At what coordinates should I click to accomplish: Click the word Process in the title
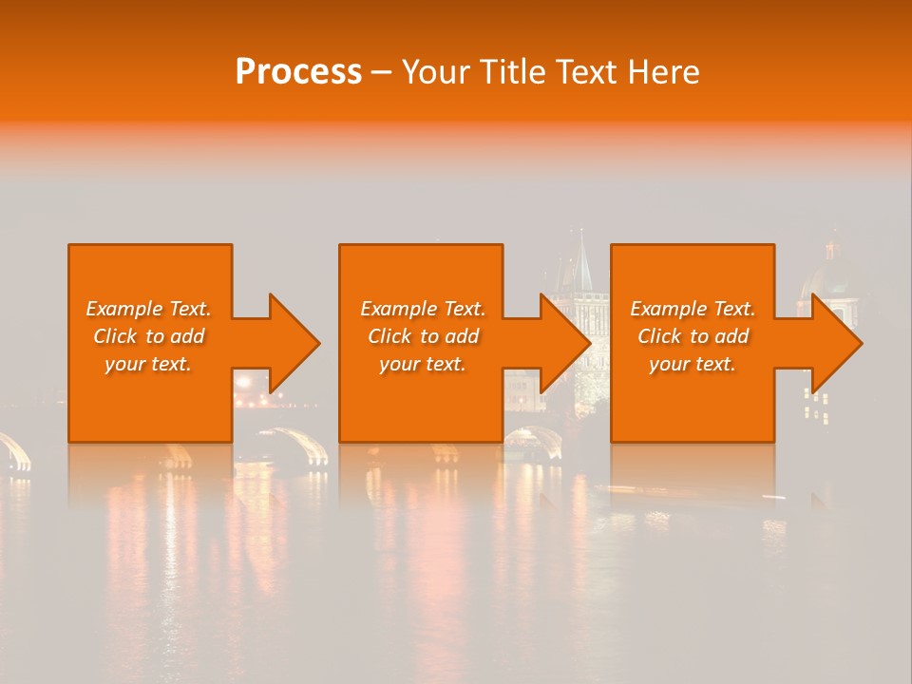298,72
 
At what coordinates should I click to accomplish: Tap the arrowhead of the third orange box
836,343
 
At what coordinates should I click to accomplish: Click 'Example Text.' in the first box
148,309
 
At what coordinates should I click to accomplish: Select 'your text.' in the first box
148,364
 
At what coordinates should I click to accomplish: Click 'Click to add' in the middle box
423,336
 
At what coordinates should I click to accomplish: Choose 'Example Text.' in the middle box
423,309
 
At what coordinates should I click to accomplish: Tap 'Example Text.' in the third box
693,309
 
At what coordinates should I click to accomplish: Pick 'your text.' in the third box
693,364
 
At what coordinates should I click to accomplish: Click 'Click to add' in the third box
693,336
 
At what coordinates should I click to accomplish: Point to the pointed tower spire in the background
580,261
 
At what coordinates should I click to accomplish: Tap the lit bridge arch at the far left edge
14,449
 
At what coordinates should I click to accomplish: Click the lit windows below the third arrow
816,404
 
